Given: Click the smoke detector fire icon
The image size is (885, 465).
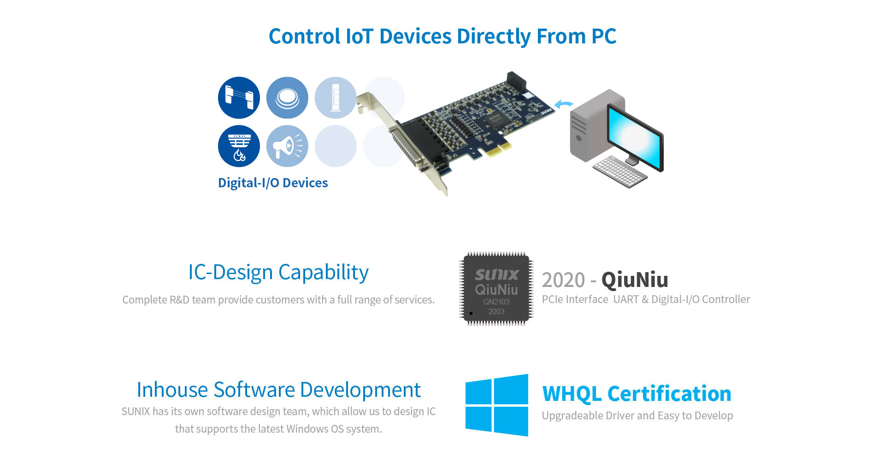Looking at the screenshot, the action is coord(239,146).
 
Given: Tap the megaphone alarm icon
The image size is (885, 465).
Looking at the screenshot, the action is coord(287,146).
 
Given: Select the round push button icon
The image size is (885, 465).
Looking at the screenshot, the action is coord(287,98).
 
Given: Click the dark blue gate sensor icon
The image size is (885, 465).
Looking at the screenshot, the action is coord(239,98).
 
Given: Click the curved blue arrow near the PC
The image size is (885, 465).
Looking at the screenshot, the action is coord(563,105).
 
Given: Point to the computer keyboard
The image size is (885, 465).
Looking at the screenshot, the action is coord(620,172).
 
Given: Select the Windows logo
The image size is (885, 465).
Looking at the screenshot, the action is coord(497,405).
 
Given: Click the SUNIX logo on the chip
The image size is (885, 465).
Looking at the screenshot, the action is coord(497,275).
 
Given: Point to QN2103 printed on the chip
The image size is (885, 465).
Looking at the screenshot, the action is coord(496,302).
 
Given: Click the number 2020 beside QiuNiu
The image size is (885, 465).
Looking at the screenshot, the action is coord(563,280).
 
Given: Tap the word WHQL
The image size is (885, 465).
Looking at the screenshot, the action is coord(572,394).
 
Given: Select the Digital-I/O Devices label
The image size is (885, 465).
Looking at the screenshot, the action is coord(273,183).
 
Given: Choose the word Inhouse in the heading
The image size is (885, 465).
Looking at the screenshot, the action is coord(172,390).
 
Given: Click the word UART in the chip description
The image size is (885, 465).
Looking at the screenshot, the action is coord(625,299).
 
